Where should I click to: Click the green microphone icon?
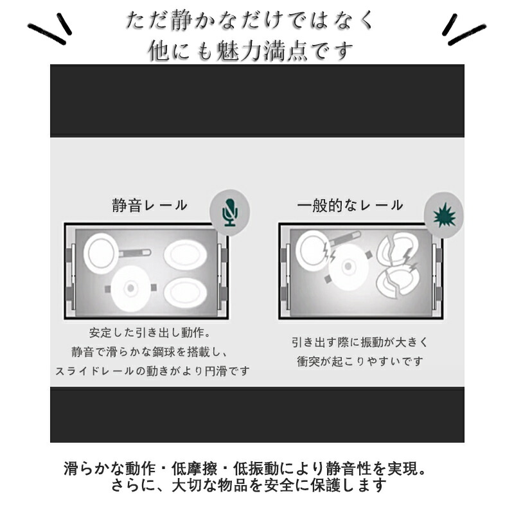click(230, 213)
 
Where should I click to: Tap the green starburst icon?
click(444, 215)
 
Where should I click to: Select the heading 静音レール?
click(150, 206)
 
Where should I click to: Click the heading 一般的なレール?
click(350, 206)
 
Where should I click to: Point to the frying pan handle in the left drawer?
click(134, 253)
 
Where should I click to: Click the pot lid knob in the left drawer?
click(130, 288)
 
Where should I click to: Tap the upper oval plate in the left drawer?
click(186, 255)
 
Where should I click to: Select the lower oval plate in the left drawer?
click(186, 292)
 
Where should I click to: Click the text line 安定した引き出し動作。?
click(150, 333)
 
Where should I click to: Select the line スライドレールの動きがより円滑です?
click(152, 371)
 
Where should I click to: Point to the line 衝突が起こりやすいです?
click(360, 362)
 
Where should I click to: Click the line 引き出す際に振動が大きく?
click(360, 342)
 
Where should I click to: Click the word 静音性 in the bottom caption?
click(350, 469)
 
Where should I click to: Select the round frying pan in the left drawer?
click(100, 253)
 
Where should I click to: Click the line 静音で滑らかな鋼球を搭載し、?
click(150, 352)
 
